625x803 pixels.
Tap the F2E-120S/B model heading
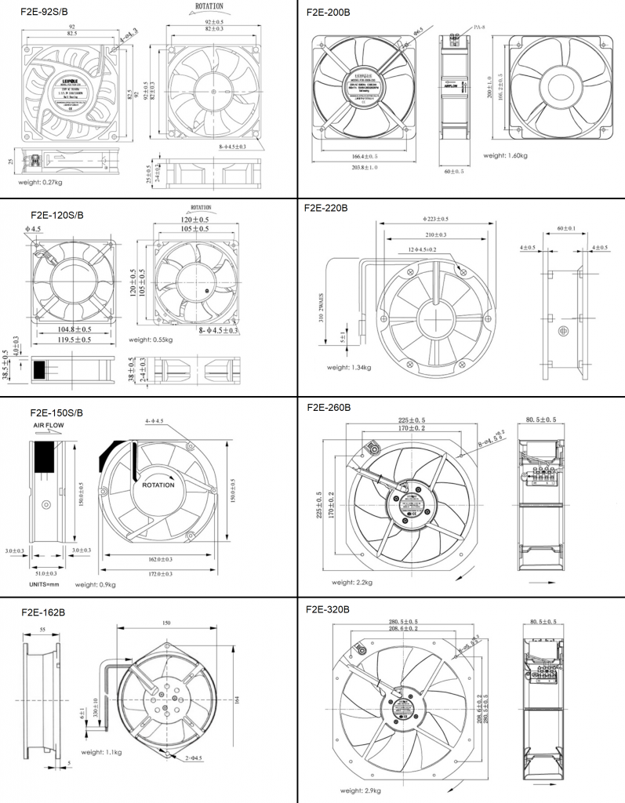click(57, 214)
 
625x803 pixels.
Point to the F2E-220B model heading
click(329, 209)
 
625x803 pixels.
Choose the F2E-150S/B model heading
click(56, 412)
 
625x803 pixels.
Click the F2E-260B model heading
click(329, 408)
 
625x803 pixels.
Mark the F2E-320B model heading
click(329, 609)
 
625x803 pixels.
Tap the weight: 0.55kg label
click(151, 340)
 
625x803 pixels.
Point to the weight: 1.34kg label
click(349, 367)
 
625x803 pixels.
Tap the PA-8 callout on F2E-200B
click(481, 27)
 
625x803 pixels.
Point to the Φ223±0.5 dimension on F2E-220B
click(434, 219)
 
